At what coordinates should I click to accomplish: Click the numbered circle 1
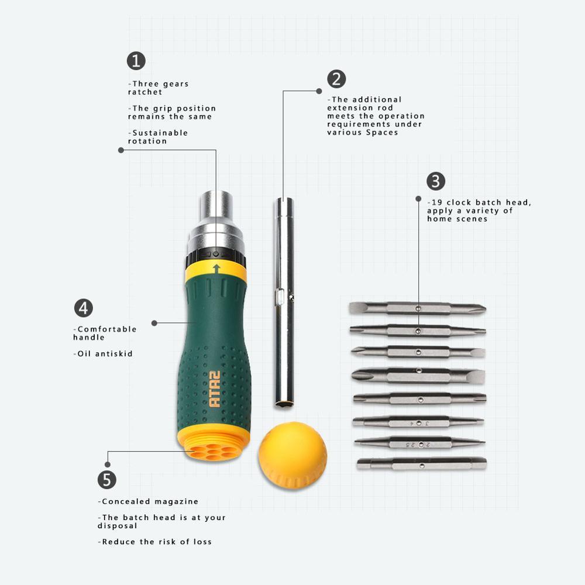click(136, 61)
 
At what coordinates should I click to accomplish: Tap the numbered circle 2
click(336, 79)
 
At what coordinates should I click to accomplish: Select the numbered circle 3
click(436, 181)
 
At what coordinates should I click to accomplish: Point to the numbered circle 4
click(84, 308)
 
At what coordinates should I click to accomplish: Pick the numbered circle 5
click(107, 480)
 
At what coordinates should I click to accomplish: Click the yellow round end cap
click(292, 455)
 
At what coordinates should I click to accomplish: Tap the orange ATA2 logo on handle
click(215, 389)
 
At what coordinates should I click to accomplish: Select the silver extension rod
click(284, 302)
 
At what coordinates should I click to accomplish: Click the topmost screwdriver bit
click(418, 308)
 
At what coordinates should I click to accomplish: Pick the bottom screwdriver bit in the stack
click(422, 464)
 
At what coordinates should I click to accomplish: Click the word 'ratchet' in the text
click(145, 92)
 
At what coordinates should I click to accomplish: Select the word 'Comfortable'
click(106, 329)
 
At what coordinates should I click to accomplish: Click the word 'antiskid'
click(114, 354)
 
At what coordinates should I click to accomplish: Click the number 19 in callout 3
click(437, 202)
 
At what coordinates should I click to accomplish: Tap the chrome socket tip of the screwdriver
click(216, 205)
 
